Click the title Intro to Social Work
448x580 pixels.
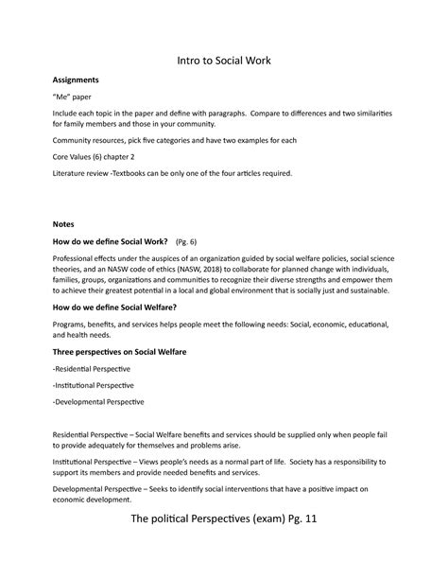224,62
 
